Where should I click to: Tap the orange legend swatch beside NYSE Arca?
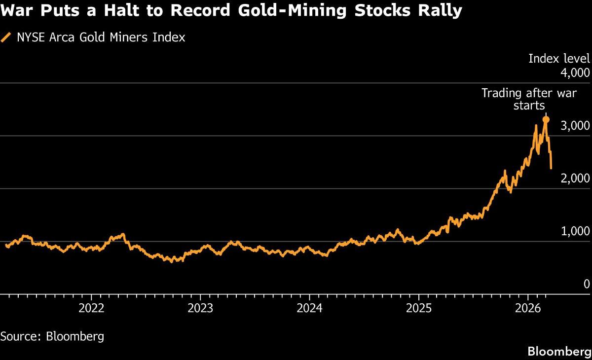(6, 37)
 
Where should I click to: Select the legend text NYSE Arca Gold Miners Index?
(101, 37)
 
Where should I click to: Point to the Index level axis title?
(558, 59)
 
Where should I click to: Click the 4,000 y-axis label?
(575, 73)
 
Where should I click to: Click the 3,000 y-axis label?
(575, 126)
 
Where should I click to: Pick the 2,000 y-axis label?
(575, 179)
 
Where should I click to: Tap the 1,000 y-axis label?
(575, 231)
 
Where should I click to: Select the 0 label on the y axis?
(586, 284)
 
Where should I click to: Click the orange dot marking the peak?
(546, 119)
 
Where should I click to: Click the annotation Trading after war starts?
(529, 99)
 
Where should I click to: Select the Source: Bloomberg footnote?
(52, 337)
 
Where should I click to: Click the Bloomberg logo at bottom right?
(559, 352)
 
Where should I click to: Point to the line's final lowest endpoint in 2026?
(551, 168)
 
